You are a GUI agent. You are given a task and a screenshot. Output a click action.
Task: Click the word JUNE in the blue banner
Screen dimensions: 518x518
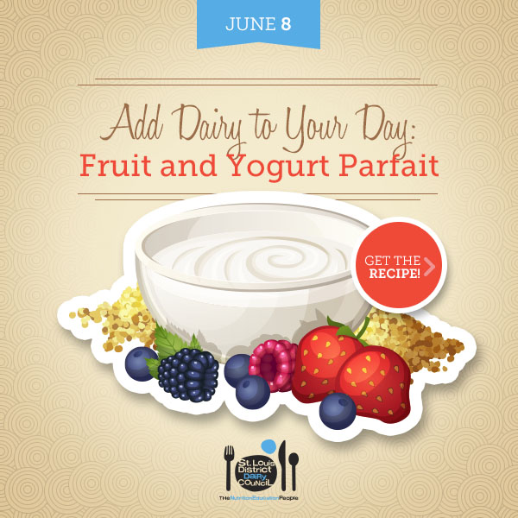tap(250, 24)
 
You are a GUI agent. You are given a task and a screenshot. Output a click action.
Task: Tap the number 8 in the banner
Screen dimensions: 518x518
tap(286, 24)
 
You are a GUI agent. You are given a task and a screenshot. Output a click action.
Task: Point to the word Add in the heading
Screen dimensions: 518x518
tap(131, 123)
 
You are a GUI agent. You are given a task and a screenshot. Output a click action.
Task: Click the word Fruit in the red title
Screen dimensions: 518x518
tap(116, 165)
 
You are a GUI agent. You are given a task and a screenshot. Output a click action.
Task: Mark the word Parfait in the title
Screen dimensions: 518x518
tap(388, 165)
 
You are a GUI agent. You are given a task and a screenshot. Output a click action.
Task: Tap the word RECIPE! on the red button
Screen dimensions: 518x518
tap(395, 274)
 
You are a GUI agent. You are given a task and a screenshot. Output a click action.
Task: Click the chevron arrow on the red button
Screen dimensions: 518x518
tap(429, 266)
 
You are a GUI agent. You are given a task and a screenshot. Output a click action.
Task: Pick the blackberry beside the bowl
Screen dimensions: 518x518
tap(188, 375)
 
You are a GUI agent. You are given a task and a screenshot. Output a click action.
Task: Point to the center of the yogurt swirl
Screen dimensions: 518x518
tap(276, 261)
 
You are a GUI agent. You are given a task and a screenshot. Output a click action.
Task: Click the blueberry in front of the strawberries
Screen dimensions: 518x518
tap(338, 411)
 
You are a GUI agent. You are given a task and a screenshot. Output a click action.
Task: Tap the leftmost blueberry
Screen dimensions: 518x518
tap(141, 363)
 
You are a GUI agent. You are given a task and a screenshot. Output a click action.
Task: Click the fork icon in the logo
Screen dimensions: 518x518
tap(229, 467)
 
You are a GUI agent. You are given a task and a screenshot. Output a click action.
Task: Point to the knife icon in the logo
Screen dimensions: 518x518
tap(282, 465)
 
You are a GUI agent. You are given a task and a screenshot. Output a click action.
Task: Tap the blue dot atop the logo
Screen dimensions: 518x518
tap(268, 446)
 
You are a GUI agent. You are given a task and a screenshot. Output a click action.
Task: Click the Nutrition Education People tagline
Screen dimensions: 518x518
tap(258, 498)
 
